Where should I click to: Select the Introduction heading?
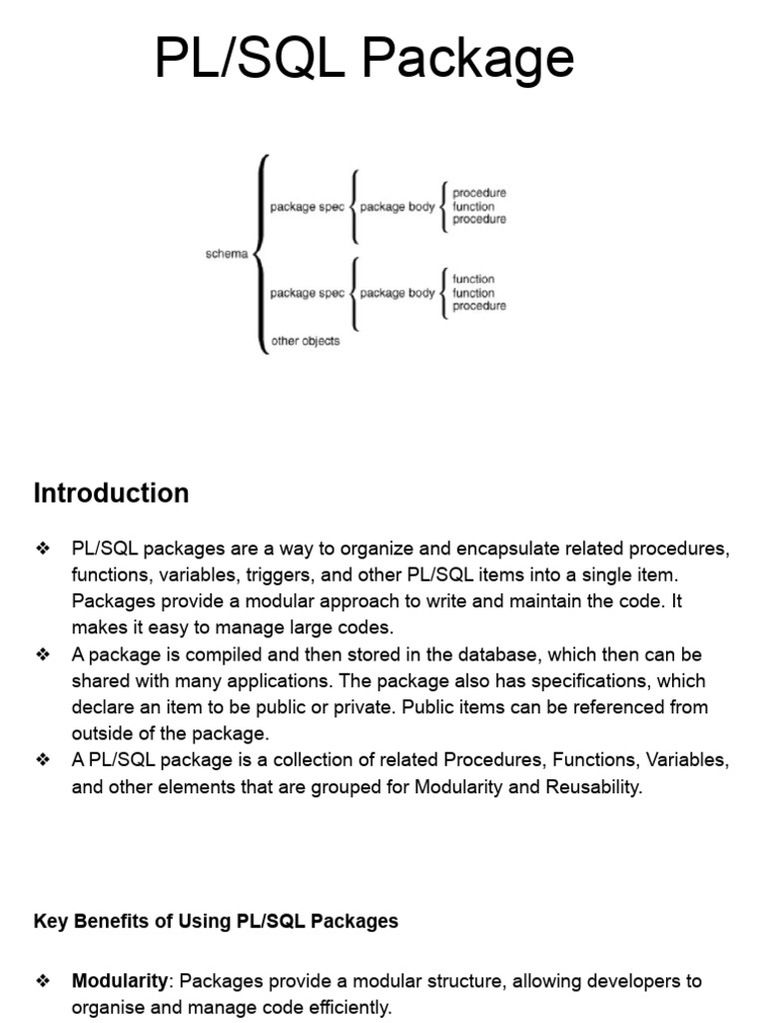pos(111,494)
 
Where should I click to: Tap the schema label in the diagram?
pos(226,254)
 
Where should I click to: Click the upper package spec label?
pos(307,207)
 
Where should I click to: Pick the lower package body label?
pos(396,294)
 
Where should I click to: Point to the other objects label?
pos(305,342)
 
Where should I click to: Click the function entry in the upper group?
pos(473,207)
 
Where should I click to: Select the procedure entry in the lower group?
pos(478,307)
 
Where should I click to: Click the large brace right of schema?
pos(261,254)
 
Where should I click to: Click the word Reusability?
pos(593,786)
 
